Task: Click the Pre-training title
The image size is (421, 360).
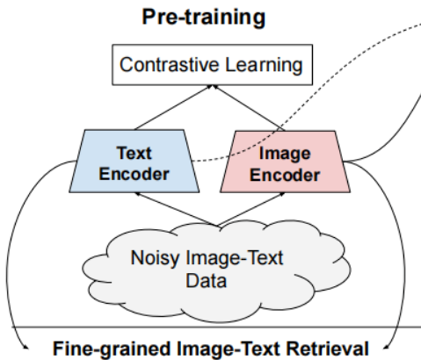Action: tap(210, 16)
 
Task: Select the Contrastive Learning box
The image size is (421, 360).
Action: tap(210, 64)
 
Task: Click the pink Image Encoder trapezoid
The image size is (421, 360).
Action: tap(285, 162)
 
